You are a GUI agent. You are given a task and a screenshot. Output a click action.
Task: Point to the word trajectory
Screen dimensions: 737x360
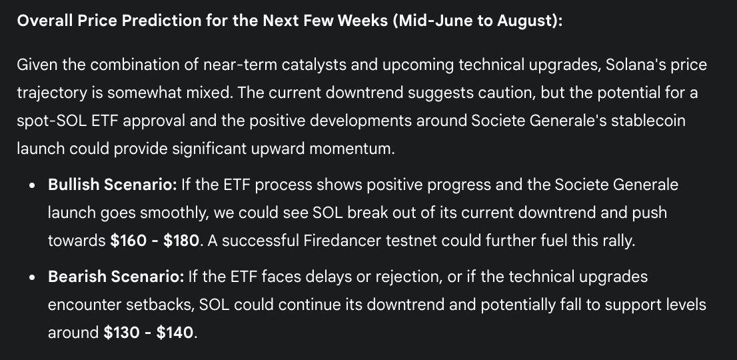pos(52,93)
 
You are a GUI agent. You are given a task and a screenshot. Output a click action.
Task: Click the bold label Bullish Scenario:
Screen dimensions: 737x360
pos(113,185)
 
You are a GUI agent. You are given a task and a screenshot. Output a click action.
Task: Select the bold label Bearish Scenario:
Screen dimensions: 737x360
pos(116,277)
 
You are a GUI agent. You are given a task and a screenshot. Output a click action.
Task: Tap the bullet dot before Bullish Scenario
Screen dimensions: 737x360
pos(32,185)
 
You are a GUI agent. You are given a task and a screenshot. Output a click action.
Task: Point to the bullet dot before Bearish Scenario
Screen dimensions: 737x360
pos(32,277)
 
